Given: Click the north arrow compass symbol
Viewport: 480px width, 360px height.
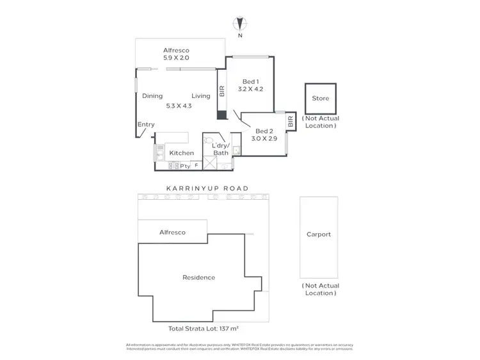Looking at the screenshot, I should point(240,24).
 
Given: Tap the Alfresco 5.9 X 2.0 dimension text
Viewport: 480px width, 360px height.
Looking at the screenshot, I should point(176,58).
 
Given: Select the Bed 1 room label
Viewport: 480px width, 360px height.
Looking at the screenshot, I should point(250,81).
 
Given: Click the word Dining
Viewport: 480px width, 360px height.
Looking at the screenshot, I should point(152,96).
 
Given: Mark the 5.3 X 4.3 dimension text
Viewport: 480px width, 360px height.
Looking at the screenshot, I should point(179,106).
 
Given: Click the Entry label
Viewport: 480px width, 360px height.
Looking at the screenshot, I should point(146,125).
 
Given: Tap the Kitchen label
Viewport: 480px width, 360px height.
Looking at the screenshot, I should point(181,153).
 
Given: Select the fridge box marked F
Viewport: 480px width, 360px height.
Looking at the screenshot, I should point(196,166).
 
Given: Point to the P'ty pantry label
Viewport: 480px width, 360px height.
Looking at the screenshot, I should point(186,166).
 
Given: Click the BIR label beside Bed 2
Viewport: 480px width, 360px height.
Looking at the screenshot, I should point(290,120).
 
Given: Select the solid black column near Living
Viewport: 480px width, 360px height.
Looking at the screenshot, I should point(221,115).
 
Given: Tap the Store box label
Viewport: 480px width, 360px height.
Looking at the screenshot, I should point(320,99).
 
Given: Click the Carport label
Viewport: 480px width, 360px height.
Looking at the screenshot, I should point(318,234).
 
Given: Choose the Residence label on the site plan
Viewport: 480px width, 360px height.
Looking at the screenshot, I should point(198,277).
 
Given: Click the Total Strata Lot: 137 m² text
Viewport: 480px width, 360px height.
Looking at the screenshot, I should point(203,328).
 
